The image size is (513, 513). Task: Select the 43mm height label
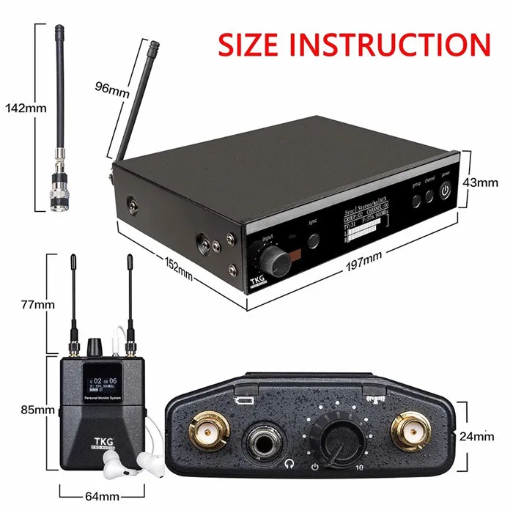point(482,182)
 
